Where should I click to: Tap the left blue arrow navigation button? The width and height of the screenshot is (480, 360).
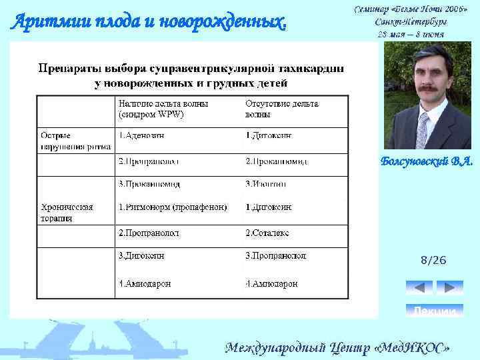(419, 287)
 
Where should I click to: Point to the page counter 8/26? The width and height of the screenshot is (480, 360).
(433, 260)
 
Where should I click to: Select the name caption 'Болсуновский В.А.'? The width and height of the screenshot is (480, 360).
(427, 161)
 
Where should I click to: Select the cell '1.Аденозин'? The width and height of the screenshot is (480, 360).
(141, 136)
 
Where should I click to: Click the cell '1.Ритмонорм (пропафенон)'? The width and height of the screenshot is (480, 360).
(173, 207)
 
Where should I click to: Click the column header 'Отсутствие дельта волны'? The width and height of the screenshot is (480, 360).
(282, 109)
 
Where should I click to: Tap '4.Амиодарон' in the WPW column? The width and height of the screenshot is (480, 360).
(145, 283)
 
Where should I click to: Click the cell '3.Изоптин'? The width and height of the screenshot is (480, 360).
(266, 184)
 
